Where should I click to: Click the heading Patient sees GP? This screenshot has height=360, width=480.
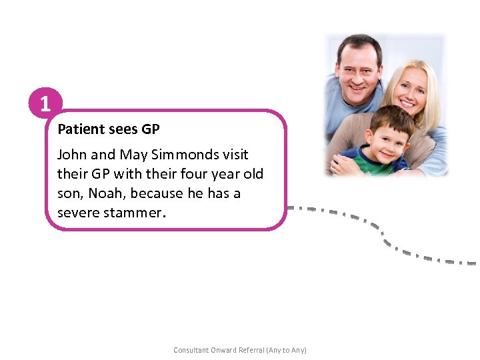tap(109, 129)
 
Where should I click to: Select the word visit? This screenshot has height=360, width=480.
tap(236, 155)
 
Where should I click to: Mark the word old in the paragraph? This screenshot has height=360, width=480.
tap(252, 174)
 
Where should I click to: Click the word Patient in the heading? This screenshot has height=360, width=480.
tap(80, 129)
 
